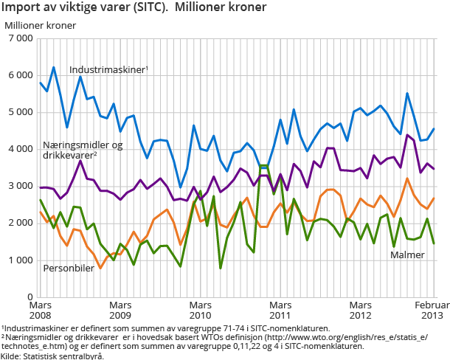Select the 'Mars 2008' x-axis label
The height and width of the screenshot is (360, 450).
coord(41,309)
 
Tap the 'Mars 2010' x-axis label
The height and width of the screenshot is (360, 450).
coord(200,309)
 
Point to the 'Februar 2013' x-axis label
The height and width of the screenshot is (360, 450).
coord(431,309)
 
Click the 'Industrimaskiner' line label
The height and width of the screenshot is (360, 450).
coord(108,69)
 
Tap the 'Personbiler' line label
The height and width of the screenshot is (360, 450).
coord(69,268)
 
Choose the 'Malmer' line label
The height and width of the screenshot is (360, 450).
coord(407,255)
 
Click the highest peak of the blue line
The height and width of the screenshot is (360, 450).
coord(53,67)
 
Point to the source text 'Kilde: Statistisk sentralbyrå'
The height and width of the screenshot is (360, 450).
coord(52,356)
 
